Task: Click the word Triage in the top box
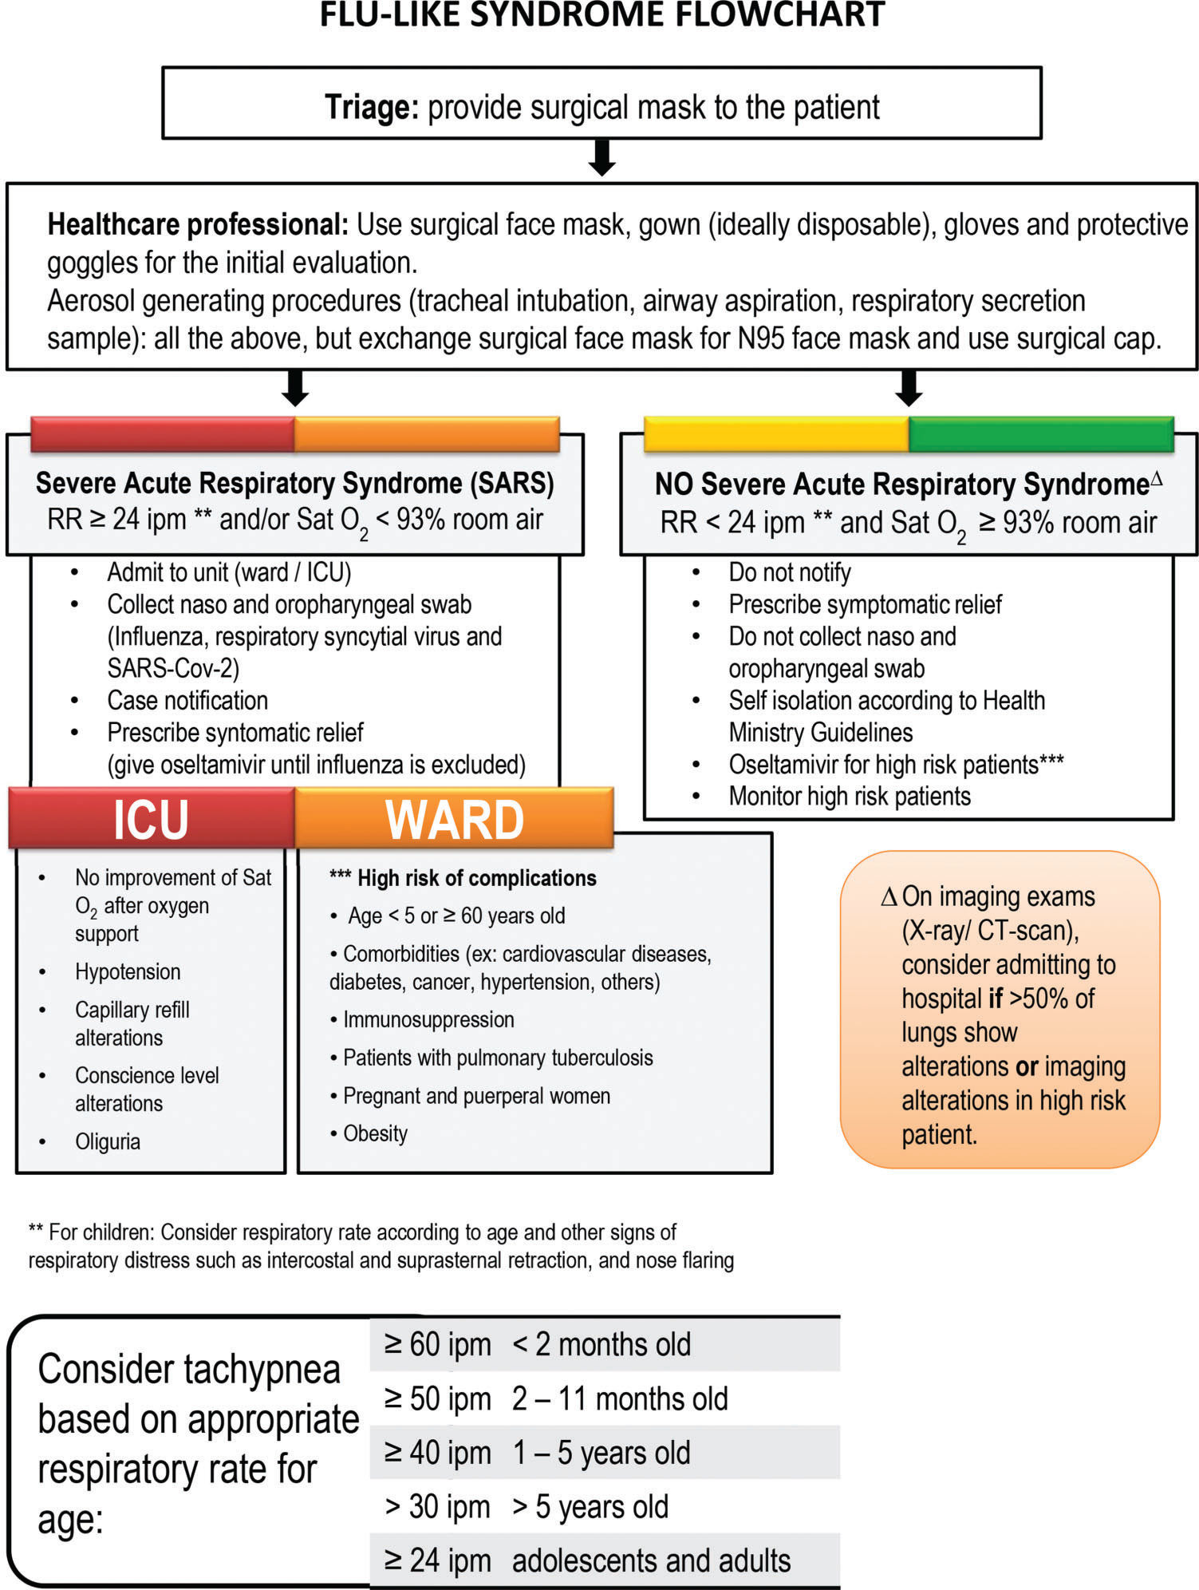371,107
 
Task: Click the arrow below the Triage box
601,157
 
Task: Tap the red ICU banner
151,819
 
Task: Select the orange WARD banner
454,819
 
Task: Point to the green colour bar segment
1040,434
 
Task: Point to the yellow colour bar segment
776,434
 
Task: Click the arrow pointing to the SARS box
295,388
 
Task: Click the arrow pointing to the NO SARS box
909,388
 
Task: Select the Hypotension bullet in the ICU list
128,971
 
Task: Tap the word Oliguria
108,1141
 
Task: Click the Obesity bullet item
375,1133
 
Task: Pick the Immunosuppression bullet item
428,1019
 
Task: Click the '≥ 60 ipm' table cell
437,1344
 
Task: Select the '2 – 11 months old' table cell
620,1398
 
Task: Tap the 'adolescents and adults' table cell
651,1560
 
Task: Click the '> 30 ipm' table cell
437,1507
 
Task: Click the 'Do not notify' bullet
789,572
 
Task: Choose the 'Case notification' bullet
187,700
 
